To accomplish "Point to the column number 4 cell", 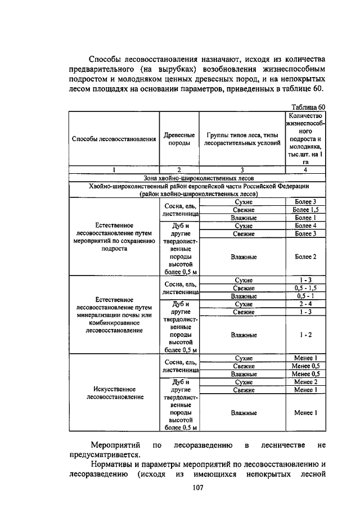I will click(x=306, y=169).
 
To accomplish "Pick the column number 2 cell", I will click(x=179, y=169).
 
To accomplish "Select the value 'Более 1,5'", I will click(x=306, y=210).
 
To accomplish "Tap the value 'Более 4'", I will click(x=306, y=226).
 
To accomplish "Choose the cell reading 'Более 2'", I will click(x=306, y=257).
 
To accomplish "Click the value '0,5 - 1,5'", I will click(x=306, y=288).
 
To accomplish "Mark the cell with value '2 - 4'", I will click(x=306, y=304).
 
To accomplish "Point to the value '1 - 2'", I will click(x=306, y=335).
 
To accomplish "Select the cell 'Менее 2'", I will click(x=306, y=382).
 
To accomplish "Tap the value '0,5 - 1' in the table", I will click(x=306, y=296).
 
